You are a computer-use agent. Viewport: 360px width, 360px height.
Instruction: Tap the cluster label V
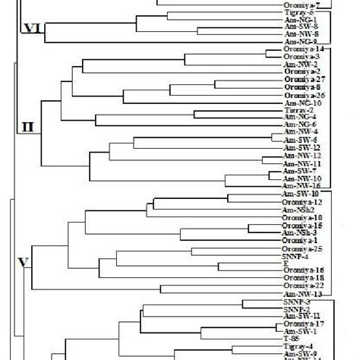24,264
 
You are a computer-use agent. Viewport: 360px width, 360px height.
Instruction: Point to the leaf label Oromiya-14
301,49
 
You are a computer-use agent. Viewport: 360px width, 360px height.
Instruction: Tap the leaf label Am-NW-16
300,186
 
